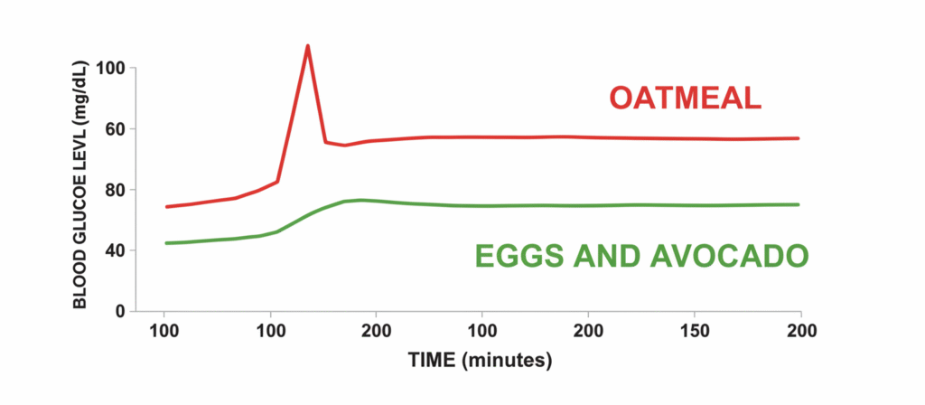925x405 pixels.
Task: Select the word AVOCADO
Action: (x=731, y=257)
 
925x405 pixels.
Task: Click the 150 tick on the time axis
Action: (x=694, y=330)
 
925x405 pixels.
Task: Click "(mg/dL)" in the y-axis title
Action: (x=80, y=90)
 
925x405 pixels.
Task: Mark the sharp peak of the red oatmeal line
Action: (x=308, y=45)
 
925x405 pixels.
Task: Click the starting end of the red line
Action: (x=166, y=207)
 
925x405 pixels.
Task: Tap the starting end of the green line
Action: (x=166, y=243)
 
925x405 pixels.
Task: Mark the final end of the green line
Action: (x=799, y=204)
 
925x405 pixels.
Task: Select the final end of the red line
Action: (x=799, y=138)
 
